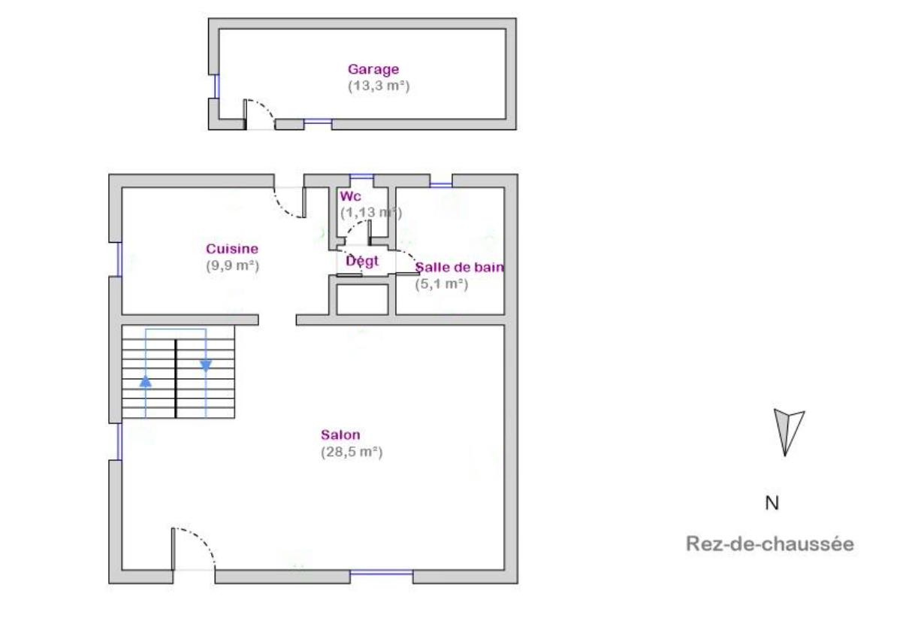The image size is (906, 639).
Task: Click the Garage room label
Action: click(x=373, y=70)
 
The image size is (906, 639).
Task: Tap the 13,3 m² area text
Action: click(x=379, y=86)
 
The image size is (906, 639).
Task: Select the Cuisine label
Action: click(x=232, y=249)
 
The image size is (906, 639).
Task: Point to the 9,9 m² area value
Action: click(x=233, y=266)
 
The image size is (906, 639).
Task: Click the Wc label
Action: click(x=350, y=196)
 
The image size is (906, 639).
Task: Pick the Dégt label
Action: click(x=362, y=261)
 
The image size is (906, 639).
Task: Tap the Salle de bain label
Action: click(x=460, y=267)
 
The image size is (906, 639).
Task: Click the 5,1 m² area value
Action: click(x=442, y=284)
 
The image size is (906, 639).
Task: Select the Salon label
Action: click(x=340, y=435)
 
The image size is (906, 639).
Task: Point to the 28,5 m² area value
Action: click(x=352, y=452)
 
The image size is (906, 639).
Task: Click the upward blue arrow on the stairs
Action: click(x=146, y=381)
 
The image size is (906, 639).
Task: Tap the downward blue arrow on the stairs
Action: click(x=206, y=366)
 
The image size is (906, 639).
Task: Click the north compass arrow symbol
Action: click(x=788, y=433)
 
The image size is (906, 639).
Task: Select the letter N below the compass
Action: click(x=772, y=504)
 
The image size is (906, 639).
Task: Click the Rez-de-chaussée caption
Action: click(x=770, y=544)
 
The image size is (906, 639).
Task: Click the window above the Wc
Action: click(x=361, y=177)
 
